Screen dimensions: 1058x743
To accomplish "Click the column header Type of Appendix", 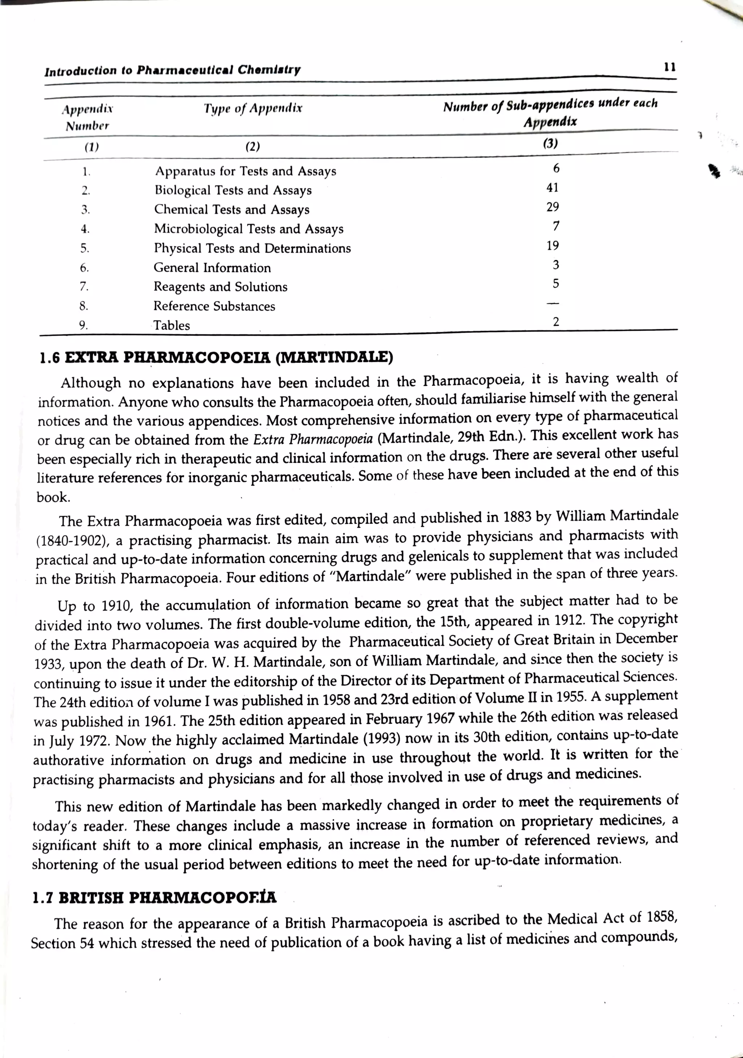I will pyautogui.click(x=253, y=109).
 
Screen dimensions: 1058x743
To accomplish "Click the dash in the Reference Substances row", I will pyautogui.click(x=555, y=303).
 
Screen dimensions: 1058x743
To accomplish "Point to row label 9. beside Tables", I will pyautogui.click(x=83, y=325).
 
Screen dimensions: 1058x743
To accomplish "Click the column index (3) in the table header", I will pyautogui.click(x=550, y=143).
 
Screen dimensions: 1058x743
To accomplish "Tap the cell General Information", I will pyautogui.click(x=212, y=268).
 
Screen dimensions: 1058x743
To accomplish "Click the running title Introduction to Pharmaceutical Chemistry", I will pyautogui.click(x=172, y=70).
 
